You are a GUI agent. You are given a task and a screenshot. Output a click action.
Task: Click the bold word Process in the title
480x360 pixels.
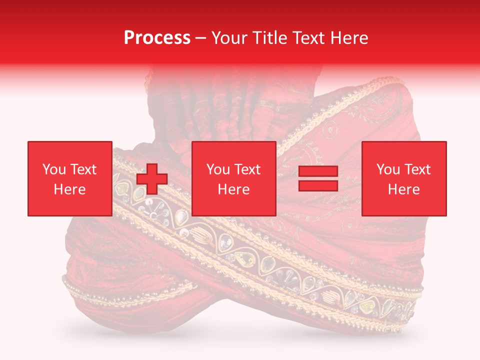157,38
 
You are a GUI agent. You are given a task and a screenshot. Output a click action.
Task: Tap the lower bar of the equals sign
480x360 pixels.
318,186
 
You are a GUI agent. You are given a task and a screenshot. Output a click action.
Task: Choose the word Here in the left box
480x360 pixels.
69,189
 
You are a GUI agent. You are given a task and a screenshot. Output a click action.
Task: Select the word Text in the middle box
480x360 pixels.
247,169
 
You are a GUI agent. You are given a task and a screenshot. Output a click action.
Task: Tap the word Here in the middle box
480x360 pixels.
234,189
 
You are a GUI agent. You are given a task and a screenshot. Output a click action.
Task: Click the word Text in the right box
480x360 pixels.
417,169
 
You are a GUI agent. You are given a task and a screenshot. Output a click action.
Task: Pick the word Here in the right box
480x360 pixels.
404,189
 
